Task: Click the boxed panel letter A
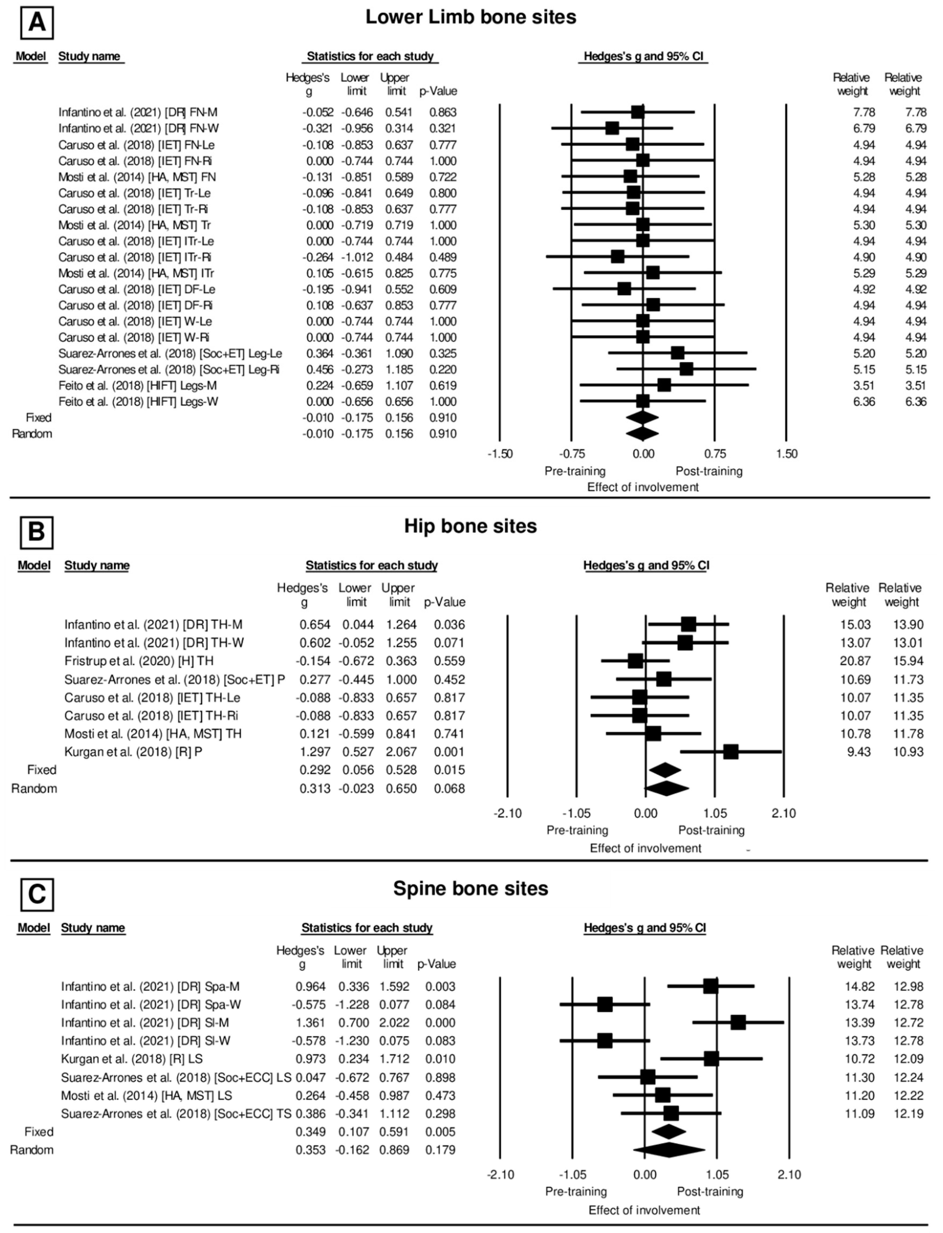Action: point(37,23)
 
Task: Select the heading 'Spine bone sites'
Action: point(470,888)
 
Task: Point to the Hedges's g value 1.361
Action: point(310,1023)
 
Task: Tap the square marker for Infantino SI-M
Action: point(738,1023)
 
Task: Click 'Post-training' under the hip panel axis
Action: point(711,830)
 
